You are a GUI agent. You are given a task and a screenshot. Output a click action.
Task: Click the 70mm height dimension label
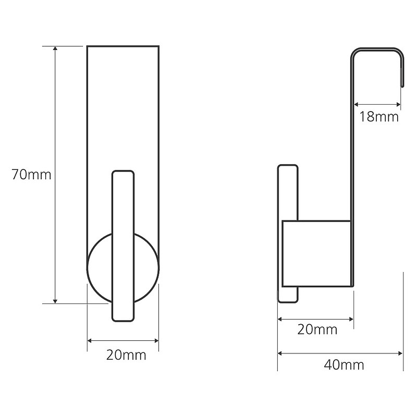[31, 175]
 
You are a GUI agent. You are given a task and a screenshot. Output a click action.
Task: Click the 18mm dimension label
[379, 117]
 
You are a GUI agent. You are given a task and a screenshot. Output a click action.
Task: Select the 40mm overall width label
[344, 365]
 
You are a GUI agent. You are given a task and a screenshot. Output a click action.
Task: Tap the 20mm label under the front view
[126, 355]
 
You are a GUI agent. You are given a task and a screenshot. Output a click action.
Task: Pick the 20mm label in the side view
[317, 329]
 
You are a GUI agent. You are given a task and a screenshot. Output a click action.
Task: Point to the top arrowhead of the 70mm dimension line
[55, 48]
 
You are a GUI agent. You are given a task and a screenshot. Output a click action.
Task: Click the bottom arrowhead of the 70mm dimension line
[55, 301]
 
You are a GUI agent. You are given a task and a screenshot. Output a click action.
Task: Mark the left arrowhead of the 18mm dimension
[356, 105]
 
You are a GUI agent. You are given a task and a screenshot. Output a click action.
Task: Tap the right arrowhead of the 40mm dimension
[400, 353]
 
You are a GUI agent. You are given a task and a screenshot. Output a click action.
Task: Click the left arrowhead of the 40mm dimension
[280, 353]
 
